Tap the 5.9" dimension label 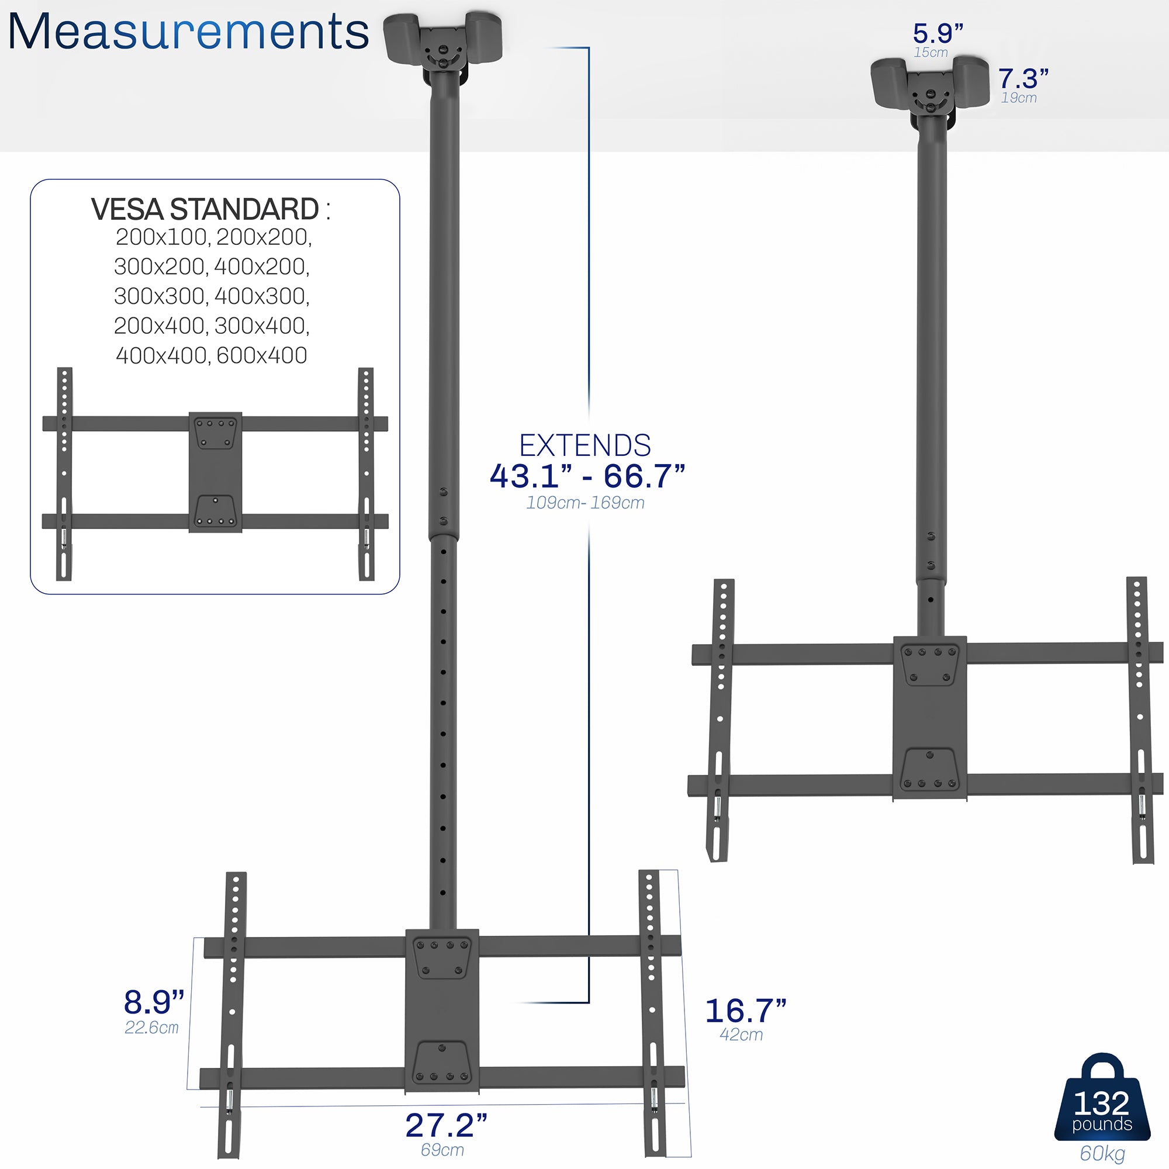click(x=938, y=33)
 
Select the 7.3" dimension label click(x=1022, y=79)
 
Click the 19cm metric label click(x=1018, y=98)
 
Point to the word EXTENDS click(x=584, y=446)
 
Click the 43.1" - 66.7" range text click(x=587, y=476)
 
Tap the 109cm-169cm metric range click(x=584, y=503)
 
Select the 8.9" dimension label click(x=154, y=1002)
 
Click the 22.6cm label click(x=151, y=1028)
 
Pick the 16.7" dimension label click(x=745, y=1011)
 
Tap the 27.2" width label click(x=446, y=1125)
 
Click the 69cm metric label click(x=442, y=1150)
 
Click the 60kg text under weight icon click(x=1102, y=1153)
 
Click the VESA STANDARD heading click(x=205, y=209)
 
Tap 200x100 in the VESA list click(x=161, y=237)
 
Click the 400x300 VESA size click(x=261, y=296)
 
